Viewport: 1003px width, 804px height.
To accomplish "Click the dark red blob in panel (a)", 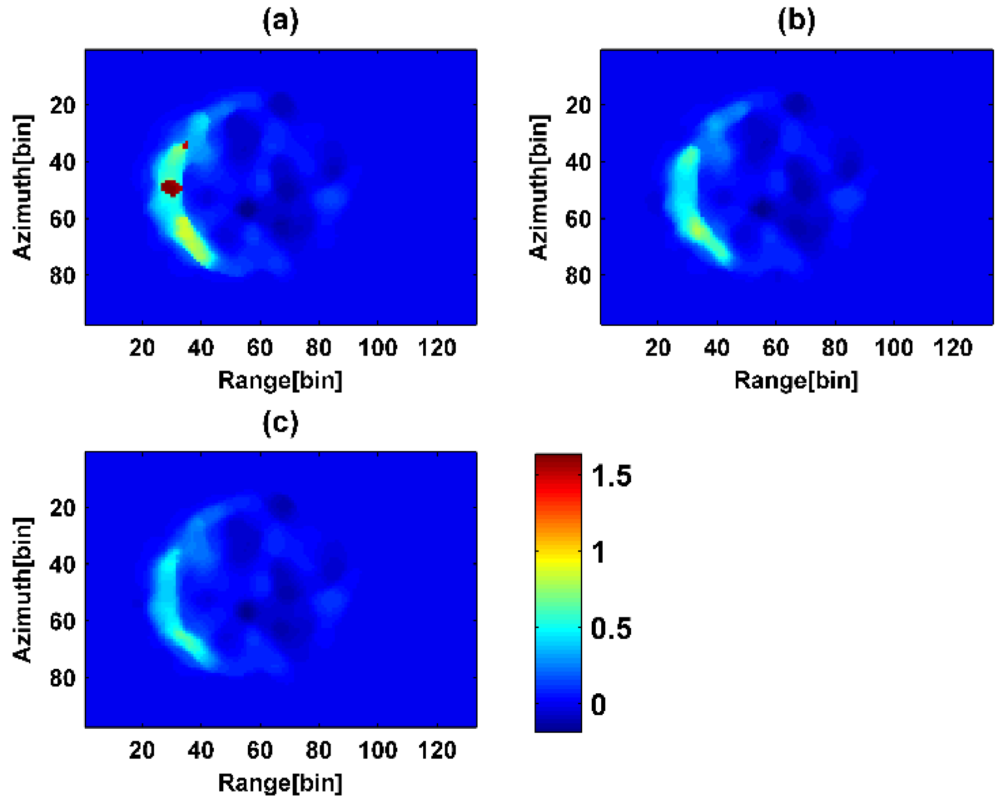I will (x=171, y=188).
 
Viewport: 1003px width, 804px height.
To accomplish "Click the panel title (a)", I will (x=281, y=21).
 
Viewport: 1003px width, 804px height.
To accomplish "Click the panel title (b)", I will (x=796, y=21).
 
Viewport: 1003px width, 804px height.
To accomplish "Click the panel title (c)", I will (x=281, y=423).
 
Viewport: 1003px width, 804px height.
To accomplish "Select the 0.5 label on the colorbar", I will (x=611, y=628).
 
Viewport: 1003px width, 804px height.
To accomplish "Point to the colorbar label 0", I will (x=598, y=704).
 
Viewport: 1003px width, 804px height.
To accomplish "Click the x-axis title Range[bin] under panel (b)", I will (x=796, y=381).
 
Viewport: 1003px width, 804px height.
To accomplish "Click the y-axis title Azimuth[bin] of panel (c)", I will (x=23, y=590).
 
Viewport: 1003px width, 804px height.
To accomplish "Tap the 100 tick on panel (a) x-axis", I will (x=377, y=347).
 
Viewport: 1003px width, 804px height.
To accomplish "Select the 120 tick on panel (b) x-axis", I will (x=953, y=347).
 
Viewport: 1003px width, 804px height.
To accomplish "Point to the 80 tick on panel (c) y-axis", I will (x=63, y=678).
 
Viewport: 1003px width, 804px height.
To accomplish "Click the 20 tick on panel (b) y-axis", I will (x=578, y=105).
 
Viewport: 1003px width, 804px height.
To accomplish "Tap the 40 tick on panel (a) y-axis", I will (x=63, y=162).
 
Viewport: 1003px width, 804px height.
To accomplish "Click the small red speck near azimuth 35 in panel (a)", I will (x=185, y=145).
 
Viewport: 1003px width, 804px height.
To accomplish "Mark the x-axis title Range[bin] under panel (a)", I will (x=280, y=381).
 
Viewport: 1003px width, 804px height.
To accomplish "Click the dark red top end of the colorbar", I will (x=558, y=461).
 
